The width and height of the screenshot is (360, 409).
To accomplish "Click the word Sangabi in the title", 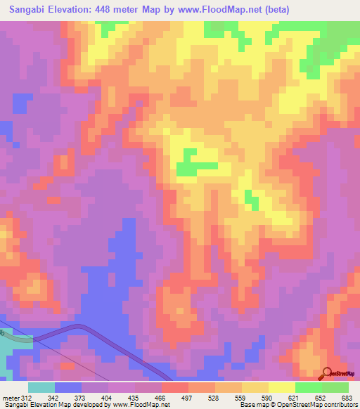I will click(x=27, y=10).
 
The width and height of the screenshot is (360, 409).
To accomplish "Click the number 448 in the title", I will click(x=112, y=10).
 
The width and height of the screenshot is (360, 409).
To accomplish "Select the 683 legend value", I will click(x=347, y=397).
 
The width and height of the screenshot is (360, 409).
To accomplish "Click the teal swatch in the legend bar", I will click(x=41, y=387).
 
